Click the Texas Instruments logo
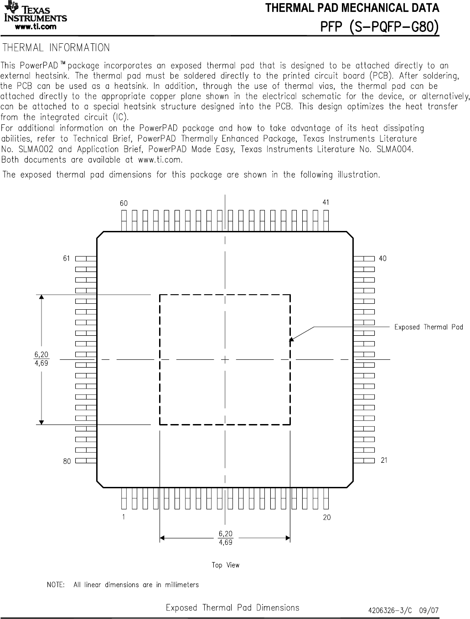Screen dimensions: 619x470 coord(36,13)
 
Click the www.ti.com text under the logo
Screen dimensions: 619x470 coord(36,27)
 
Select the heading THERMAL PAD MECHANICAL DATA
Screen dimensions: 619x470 coord(352,8)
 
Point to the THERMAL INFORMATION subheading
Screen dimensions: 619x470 coord(56,48)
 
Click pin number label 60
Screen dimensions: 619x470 coord(124,204)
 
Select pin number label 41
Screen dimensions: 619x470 coord(325,202)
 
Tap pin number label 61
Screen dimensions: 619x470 coord(67,258)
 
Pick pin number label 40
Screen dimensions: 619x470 coord(382,258)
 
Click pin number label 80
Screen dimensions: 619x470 coord(67,461)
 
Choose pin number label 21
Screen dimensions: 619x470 coord(384,460)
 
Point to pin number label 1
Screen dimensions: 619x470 coord(124,517)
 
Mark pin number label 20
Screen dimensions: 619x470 coord(327,517)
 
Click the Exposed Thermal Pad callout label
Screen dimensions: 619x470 coord(428,327)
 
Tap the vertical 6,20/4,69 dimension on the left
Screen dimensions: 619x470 coord(41,359)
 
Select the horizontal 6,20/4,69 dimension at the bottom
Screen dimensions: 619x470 coord(225,538)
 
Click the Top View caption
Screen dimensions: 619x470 coord(225,565)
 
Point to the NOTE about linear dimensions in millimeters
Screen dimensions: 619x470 coord(123,585)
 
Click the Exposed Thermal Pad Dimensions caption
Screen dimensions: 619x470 coord(232,608)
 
